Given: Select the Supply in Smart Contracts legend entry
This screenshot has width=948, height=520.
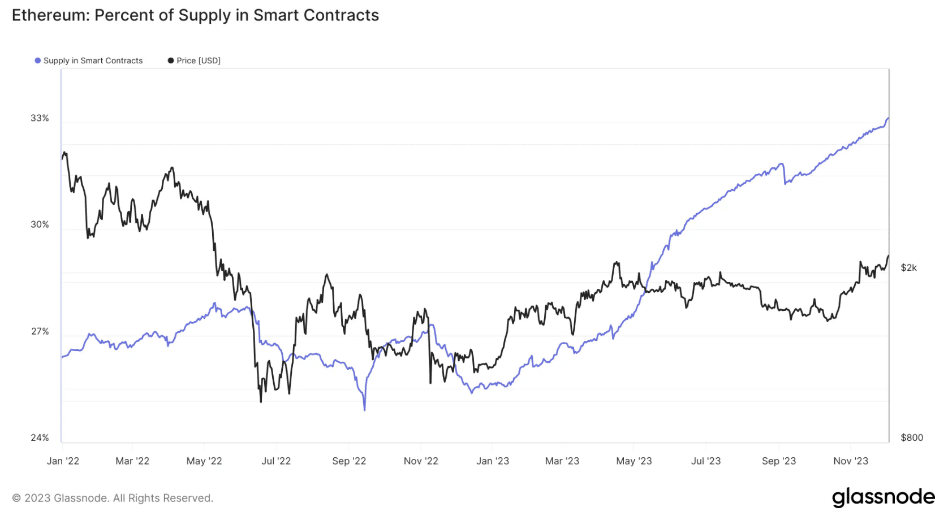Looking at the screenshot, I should point(93,60).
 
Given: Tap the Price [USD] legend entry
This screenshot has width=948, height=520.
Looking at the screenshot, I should point(198,60).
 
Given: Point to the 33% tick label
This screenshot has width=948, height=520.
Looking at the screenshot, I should point(40,118).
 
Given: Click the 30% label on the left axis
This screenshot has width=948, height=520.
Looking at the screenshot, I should point(40,224).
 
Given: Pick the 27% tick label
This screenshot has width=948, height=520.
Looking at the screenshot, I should point(40,331).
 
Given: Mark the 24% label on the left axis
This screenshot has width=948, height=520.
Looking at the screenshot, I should point(40,437).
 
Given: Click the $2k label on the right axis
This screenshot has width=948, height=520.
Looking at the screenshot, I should point(908,267).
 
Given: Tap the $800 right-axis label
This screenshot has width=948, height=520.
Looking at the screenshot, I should point(912,437).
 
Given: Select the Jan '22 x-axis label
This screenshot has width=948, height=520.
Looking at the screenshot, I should point(63,461).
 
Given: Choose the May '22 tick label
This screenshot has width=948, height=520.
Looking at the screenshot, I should point(204,461).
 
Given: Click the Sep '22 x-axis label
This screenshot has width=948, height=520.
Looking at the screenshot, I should point(349,461).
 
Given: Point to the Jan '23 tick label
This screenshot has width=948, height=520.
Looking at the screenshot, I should point(493,461).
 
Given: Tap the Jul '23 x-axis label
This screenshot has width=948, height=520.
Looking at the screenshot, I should point(706,461).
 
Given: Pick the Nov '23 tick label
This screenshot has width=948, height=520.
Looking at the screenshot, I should point(851,461).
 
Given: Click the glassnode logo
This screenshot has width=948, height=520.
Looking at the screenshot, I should point(883,497).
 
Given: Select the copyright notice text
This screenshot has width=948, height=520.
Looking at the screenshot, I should point(113,498).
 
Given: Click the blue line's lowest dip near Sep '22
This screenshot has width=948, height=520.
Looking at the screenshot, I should point(364,409).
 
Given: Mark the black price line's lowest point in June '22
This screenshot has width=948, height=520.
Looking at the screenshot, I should point(261,401).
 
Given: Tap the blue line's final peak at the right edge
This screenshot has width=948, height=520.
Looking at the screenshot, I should point(888,118).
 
